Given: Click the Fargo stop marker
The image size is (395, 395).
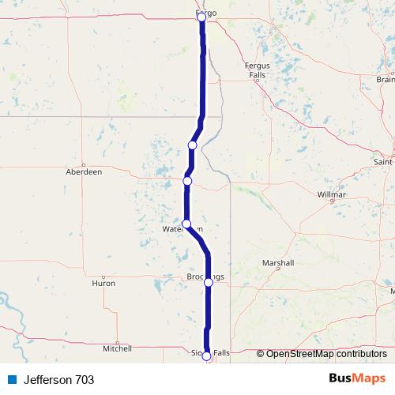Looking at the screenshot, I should pos(201,17).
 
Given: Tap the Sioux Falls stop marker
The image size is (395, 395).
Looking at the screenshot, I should pos(207,355).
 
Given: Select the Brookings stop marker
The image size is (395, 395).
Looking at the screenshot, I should pos(209,281).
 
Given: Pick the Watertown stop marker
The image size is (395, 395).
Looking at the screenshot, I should pos(186,224).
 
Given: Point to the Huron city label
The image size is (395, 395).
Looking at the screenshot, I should pos(103,282).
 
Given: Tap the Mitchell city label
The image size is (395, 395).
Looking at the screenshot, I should pos(117,348).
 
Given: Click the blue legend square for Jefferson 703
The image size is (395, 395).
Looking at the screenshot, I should pos(12,380).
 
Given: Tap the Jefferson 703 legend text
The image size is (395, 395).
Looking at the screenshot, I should pos(58,380).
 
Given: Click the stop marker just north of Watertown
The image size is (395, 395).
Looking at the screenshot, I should pos(187,181).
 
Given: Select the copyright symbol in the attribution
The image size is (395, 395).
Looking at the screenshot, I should pos(261,354).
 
